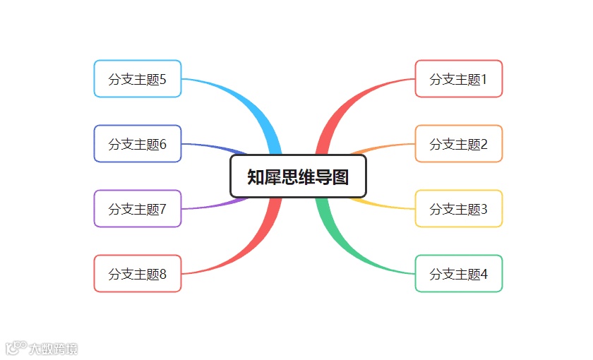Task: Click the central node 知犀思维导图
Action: point(298,176)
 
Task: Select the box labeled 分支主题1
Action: point(458,79)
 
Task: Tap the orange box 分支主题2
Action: point(458,144)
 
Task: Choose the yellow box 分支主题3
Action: point(458,209)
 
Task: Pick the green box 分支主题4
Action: point(458,274)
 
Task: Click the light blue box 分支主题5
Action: point(138,79)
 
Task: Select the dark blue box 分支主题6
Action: point(138,144)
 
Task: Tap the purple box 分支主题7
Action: point(138,209)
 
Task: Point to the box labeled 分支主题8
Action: point(138,274)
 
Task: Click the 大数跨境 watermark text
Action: point(53,349)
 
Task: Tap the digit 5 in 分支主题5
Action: point(163,79)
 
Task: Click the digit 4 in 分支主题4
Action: point(484,274)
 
